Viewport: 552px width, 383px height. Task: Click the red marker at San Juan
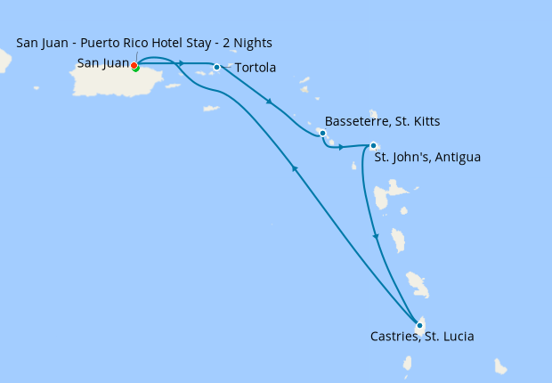pos(134,65)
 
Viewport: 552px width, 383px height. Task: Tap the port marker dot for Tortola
pos(216,67)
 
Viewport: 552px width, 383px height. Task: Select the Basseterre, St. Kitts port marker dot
pos(322,133)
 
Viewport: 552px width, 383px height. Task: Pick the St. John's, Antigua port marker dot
pos(373,146)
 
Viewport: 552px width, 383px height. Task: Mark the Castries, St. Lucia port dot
pos(419,325)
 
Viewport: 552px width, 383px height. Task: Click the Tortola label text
pos(255,68)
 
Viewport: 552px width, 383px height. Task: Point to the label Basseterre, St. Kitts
pos(382,120)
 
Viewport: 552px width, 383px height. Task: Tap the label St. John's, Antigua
pos(427,158)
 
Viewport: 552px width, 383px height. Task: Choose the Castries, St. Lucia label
pos(422,337)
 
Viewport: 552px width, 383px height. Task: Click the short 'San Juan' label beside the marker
pos(102,63)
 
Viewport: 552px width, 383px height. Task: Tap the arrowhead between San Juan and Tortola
pos(181,63)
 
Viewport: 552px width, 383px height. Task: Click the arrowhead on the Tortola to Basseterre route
pos(269,102)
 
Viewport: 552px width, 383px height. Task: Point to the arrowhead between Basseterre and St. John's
pos(341,147)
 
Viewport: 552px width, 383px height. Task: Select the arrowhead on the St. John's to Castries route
pos(375,236)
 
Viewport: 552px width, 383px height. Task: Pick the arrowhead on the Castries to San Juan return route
pos(294,168)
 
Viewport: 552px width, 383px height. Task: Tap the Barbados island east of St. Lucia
pos(500,366)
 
